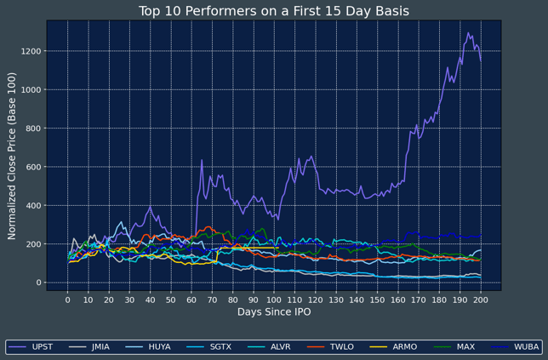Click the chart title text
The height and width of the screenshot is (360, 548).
pos(274,11)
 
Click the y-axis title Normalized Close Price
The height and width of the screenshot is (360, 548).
pos(13,156)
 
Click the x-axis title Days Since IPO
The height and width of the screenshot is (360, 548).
pos(274,312)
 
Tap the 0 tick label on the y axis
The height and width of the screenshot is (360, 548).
pos(38,283)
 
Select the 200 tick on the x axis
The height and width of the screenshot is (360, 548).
pos(481,300)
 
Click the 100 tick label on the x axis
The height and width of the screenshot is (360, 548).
pos(274,300)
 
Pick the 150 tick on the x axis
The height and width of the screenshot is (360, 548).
pos(377,300)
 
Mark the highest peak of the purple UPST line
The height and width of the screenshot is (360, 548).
pos(468,33)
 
